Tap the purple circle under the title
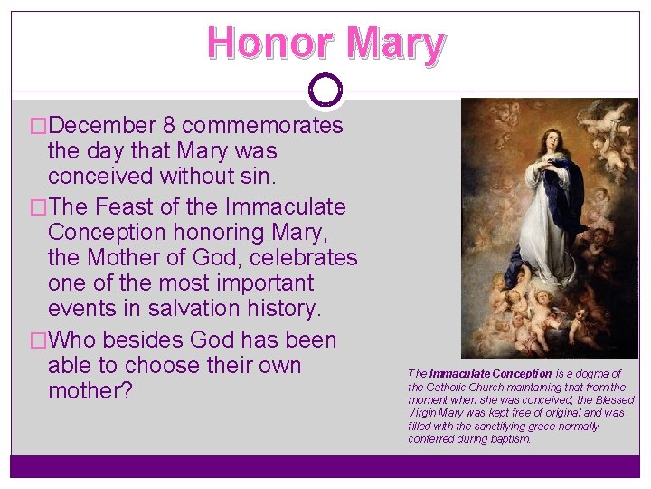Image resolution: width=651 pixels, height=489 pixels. pos(325,90)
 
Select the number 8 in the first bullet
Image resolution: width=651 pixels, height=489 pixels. pos(169,125)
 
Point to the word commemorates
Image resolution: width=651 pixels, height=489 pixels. pos(262,125)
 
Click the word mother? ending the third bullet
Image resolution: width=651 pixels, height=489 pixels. pos(90,391)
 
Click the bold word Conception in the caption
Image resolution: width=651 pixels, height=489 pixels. pos(517,374)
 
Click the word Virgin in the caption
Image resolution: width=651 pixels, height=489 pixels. pos(425,413)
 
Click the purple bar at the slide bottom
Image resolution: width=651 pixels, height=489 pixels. pos(325,465)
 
